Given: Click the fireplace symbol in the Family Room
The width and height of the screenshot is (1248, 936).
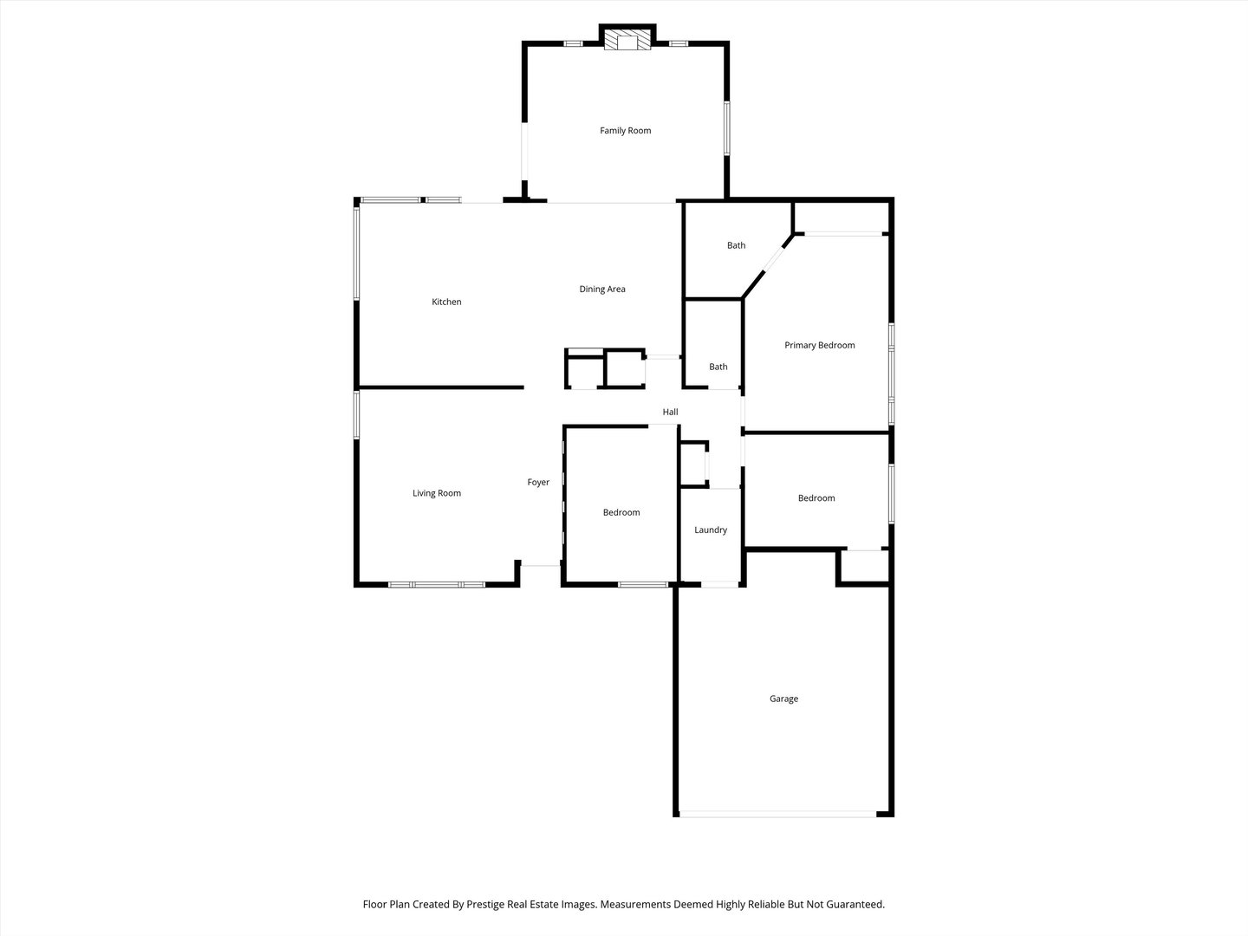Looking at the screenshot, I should [627, 40].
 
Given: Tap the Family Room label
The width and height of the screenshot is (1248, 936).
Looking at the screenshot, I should [625, 131].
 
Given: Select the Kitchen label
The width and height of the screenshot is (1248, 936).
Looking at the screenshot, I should [446, 302].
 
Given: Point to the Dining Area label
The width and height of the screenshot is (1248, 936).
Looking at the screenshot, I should [602, 289].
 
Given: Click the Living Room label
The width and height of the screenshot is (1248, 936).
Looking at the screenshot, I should [437, 493].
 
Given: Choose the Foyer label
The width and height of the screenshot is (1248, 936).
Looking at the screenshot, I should [538, 483].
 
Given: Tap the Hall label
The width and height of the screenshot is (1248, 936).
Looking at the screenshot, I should [670, 413].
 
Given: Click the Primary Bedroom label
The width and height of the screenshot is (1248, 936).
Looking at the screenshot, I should [819, 345].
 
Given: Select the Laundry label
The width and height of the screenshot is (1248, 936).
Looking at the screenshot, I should [711, 530].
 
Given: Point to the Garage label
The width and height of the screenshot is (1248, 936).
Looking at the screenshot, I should [783, 699].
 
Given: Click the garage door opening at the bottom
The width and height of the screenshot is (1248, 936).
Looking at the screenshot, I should [777, 814].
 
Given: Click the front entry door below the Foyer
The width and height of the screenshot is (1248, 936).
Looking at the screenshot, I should [540, 566].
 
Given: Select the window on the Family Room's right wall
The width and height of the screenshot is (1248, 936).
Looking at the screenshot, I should [727, 129].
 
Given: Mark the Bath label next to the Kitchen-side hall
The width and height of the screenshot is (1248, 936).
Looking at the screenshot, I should [718, 367].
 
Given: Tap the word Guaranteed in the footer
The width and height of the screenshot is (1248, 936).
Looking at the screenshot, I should [855, 904].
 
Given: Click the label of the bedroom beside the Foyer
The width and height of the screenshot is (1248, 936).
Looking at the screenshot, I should [621, 513].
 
